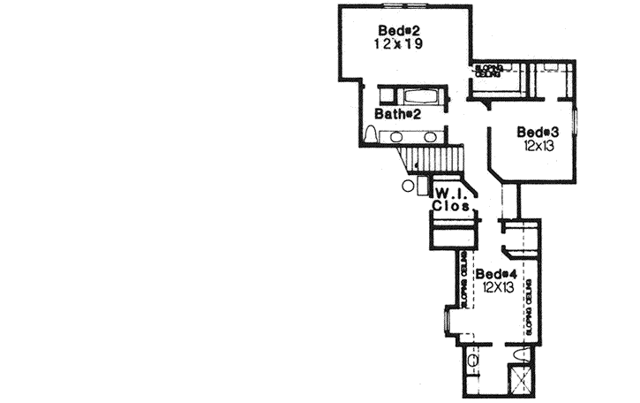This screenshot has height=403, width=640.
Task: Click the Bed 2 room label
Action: [x=395, y=29]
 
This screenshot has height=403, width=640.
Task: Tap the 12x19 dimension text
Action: [x=395, y=42]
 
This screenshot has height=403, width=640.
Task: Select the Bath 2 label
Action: [x=395, y=114]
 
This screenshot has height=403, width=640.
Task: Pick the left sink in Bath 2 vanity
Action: [x=396, y=137]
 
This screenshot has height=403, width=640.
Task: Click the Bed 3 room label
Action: [x=535, y=132]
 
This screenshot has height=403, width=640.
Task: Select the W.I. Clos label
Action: [x=449, y=199]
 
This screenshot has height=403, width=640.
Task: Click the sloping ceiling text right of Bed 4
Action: [x=528, y=306]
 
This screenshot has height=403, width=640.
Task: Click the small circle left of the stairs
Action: [x=407, y=186]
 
